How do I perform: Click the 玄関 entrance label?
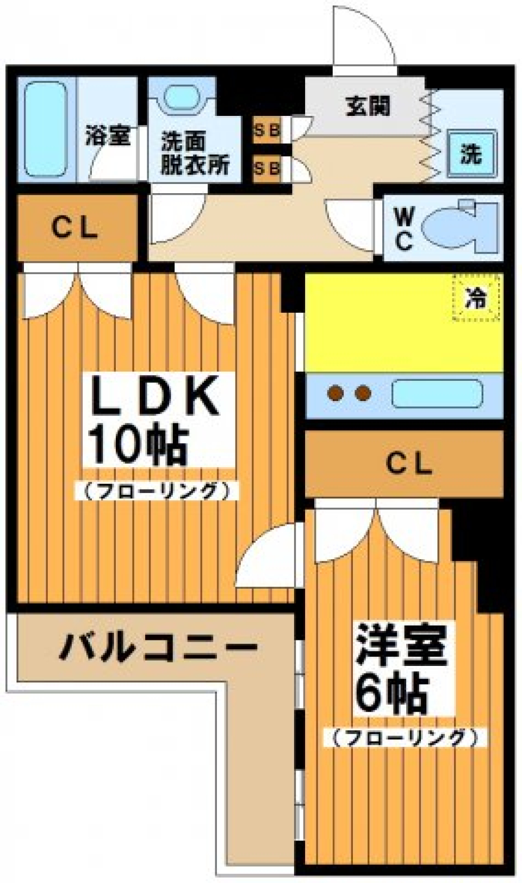[368, 107]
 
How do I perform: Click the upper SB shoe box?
[267, 130]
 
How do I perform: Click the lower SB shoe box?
[267, 168]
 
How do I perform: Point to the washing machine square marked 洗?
[471, 154]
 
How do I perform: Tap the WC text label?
[403, 229]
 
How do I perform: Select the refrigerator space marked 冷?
[476, 297]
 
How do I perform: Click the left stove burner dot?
[335, 393]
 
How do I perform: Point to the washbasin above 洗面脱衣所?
[182, 98]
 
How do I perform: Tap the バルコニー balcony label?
[157, 647]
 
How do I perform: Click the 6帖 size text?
[389, 695]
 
